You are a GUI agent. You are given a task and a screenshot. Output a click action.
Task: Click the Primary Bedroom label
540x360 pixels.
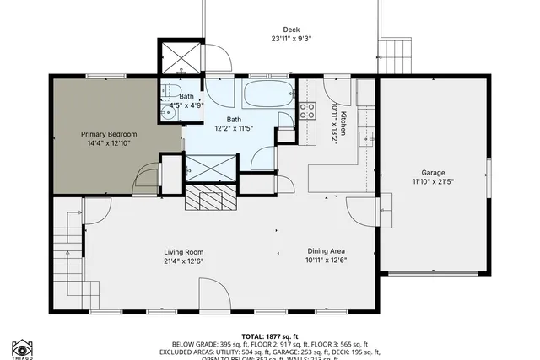[x=108, y=134]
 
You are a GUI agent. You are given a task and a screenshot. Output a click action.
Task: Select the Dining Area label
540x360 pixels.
[x=327, y=252]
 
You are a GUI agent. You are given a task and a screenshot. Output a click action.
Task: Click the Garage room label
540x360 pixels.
[x=433, y=173]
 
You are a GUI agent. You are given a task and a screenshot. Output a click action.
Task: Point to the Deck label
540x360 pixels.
[x=291, y=29]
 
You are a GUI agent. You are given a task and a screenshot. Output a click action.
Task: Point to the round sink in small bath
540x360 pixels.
[x=166, y=110]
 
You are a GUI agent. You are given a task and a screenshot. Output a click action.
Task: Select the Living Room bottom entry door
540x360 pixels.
[x=213, y=295]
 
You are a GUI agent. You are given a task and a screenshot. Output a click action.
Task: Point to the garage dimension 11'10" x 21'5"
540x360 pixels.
[x=433, y=182]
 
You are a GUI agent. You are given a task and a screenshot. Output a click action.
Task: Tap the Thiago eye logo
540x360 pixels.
[x=22, y=348]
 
